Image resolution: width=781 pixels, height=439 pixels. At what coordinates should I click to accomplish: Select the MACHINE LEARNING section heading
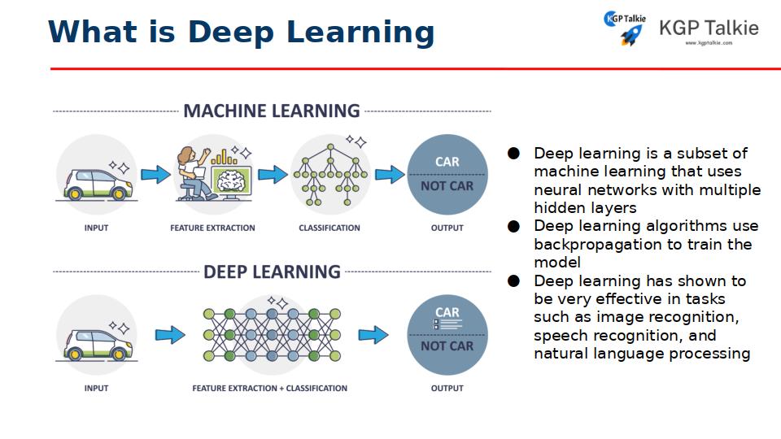(x=272, y=111)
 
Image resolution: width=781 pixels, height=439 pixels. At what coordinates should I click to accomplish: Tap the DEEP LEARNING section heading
(x=272, y=272)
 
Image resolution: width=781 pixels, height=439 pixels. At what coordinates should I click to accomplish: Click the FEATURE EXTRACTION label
(x=212, y=228)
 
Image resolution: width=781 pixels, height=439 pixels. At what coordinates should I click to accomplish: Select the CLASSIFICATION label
(x=329, y=228)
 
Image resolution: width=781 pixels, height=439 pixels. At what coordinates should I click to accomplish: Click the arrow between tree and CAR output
(x=390, y=174)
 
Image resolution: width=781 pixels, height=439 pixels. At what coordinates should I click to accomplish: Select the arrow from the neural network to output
(x=373, y=335)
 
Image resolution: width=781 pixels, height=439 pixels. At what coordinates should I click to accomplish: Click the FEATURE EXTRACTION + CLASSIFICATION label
(x=270, y=389)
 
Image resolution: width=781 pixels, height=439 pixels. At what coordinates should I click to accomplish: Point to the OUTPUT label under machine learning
(x=447, y=228)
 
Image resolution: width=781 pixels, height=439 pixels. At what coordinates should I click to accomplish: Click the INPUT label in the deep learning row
(x=96, y=389)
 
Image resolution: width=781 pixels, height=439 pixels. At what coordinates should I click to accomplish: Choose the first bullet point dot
(x=513, y=153)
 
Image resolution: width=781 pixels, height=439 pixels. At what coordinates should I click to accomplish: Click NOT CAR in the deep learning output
(x=447, y=346)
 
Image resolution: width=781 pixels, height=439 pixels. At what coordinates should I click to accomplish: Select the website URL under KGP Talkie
(x=709, y=43)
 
